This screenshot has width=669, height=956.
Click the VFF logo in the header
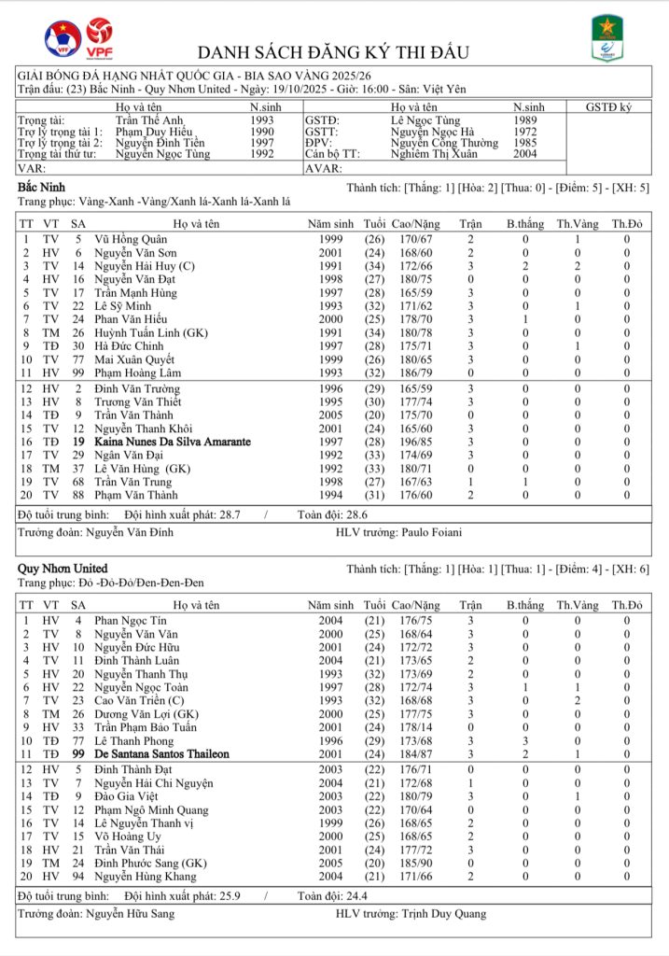pyautogui.click(x=63, y=38)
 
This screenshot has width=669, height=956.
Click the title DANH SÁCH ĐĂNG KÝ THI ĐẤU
pyautogui.click(x=333, y=52)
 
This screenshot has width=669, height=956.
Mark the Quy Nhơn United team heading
pyautogui.click(x=63, y=569)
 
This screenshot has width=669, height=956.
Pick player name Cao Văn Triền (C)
pyautogui.click(x=138, y=700)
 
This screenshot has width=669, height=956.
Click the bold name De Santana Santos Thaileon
pyautogui.click(x=161, y=753)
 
